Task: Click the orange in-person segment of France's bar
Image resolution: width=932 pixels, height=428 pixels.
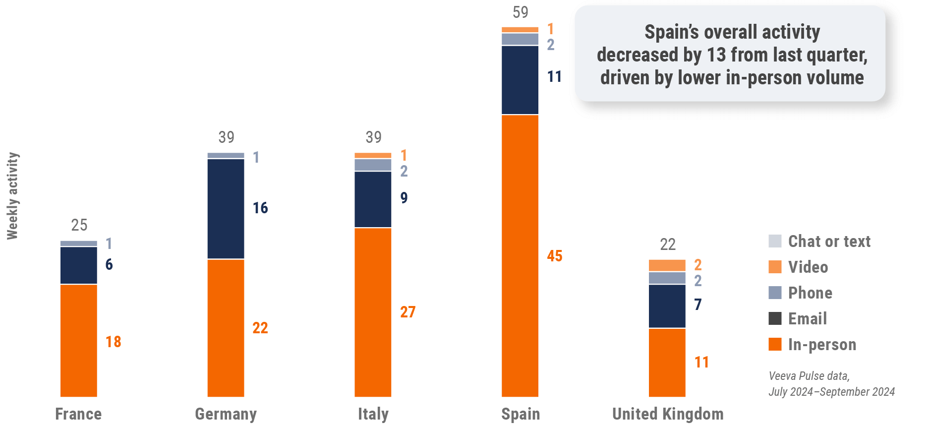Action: [x=79, y=340]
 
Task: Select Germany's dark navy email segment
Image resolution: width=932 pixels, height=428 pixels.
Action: [x=226, y=209]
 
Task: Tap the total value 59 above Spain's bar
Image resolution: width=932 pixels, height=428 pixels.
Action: [x=521, y=12]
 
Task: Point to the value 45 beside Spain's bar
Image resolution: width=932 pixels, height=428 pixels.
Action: [x=555, y=256]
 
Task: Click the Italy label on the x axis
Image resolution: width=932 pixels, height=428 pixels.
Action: [x=373, y=414]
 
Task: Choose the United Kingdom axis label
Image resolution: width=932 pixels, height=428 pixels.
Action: [x=668, y=414]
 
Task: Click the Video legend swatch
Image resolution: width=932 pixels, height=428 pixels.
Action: [x=775, y=267]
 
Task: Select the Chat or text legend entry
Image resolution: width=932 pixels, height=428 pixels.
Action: [x=829, y=242]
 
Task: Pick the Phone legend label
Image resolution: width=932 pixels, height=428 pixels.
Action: [x=810, y=293]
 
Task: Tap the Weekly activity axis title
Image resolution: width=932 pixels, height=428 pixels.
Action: [x=12, y=196]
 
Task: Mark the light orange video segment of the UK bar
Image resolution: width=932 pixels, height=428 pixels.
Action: [x=667, y=265]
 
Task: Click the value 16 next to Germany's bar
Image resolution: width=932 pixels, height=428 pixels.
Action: [x=260, y=208]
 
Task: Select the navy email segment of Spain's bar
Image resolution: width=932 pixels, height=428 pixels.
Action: [x=520, y=80]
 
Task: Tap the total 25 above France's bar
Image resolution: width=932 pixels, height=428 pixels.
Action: [x=79, y=225]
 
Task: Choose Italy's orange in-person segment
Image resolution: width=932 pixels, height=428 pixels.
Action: [x=373, y=312]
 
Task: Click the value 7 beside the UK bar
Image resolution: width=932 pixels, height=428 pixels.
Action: [x=698, y=305]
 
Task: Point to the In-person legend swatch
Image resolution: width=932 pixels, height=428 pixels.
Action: [x=775, y=344]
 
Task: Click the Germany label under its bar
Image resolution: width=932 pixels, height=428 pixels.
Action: [x=226, y=414]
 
